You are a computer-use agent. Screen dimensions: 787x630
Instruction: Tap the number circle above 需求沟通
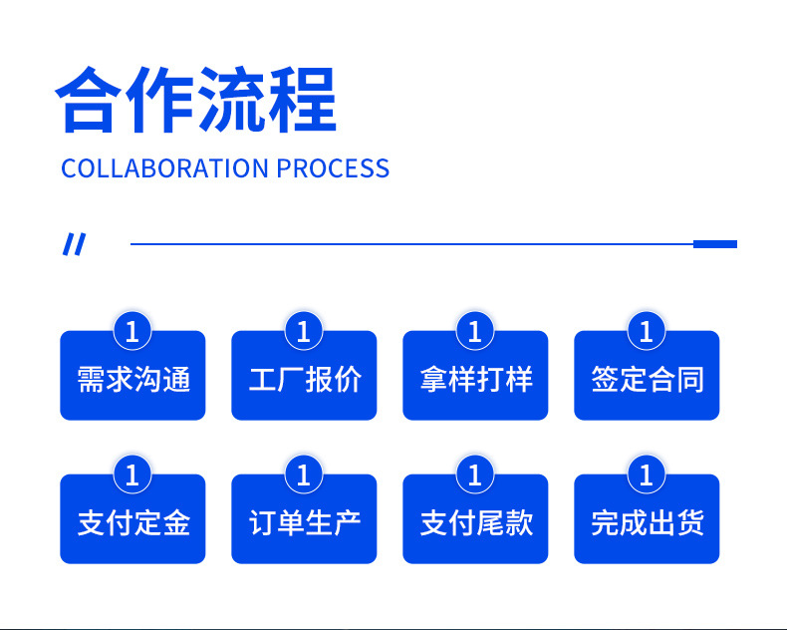(132, 330)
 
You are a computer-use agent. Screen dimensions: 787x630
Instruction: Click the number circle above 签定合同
(647, 330)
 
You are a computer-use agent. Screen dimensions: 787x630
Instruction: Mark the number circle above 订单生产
(304, 474)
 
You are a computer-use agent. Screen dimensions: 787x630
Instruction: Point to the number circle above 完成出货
(647, 474)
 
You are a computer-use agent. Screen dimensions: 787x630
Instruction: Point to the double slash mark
(75, 244)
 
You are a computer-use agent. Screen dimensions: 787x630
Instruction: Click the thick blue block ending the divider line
(714, 244)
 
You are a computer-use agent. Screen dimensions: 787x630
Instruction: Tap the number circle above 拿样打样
(475, 330)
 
